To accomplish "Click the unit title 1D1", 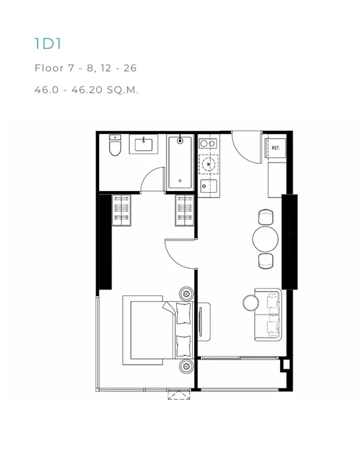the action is point(48,44).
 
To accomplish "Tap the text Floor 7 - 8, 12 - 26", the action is point(85,68).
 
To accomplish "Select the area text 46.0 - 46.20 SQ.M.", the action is point(87,90).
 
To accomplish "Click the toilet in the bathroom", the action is point(115,145).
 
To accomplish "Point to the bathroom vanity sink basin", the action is point(143,145).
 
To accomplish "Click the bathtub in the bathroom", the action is point(180,163).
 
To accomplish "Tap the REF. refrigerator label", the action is point(275,148).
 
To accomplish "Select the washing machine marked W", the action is point(209,164).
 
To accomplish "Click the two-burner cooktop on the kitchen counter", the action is point(208,143).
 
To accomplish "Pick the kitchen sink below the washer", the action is point(209,186).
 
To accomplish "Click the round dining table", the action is point(266,239).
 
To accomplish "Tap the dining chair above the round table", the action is point(266,217).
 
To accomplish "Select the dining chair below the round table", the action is point(266,261).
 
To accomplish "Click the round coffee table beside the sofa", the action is point(251,303).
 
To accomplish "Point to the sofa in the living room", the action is point(268,315).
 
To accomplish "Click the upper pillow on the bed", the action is point(184,313).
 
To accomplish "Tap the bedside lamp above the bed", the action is point(186,293).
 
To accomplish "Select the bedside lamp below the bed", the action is point(186,366).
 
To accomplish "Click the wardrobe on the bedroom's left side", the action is point(122,210).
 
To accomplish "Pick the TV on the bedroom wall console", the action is point(201,321).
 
